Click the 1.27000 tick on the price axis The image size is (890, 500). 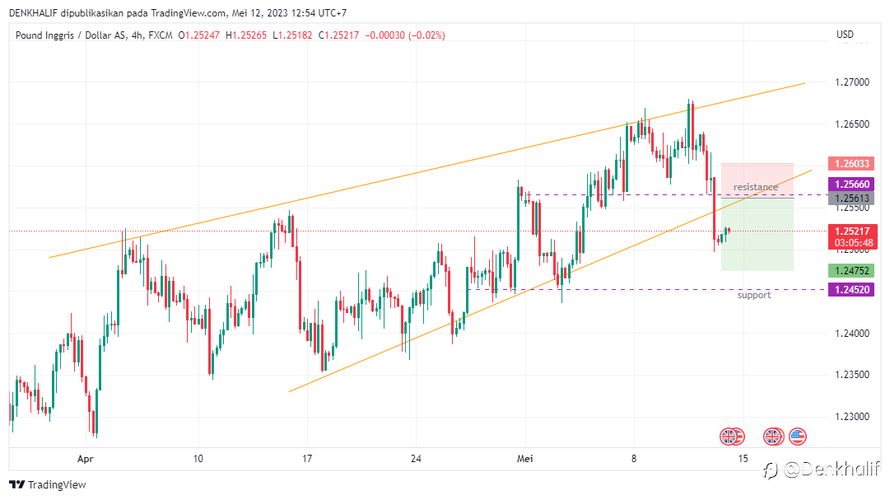click(850, 82)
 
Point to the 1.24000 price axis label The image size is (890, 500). click(850, 334)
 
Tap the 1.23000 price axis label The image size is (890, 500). click(850, 417)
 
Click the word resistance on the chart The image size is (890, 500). click(755, 187)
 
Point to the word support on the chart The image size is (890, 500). click(754, 295)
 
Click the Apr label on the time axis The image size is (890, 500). click(85, 458)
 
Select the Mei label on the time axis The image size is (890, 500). click(524, 458)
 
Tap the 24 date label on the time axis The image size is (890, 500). click(416, 458)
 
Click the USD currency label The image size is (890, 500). click(845, 35)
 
